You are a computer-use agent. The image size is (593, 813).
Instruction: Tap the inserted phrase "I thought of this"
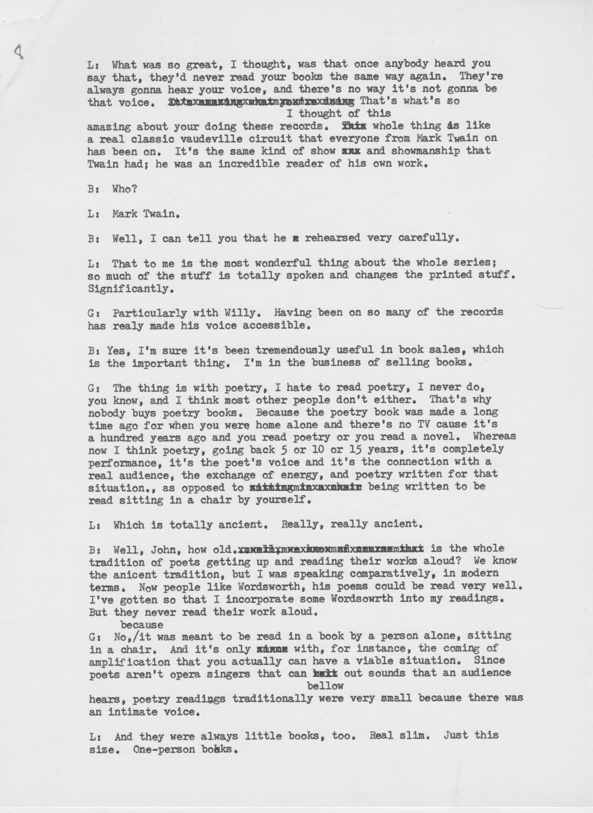click(x=339, y=114)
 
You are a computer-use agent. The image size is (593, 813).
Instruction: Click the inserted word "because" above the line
click(x=142, y=625)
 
